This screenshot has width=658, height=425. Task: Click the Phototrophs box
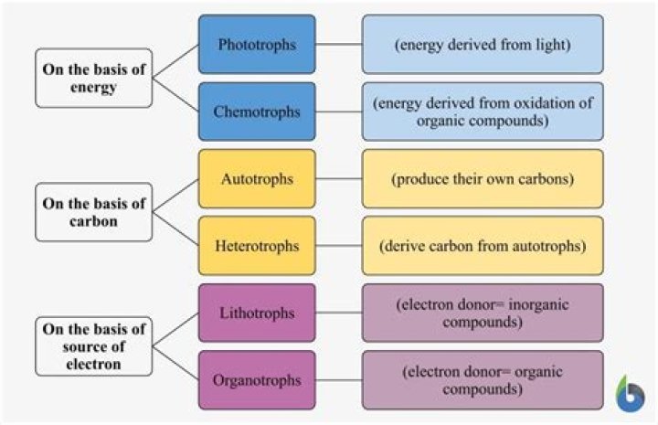click(257, 44)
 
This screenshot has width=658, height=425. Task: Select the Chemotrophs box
click(257, 112)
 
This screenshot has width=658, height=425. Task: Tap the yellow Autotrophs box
click(257, 178)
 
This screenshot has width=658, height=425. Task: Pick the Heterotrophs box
click(257, 246)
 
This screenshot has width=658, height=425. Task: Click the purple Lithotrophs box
click(257, 313)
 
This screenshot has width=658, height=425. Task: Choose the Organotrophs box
click(257, 379)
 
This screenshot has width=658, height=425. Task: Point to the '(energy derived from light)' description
click(483, 44)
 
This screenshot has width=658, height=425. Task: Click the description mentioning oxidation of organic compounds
click(483, 112)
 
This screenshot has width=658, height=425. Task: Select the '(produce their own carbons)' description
click(483, 178)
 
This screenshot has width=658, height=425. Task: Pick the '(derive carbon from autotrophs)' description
click(483, 246)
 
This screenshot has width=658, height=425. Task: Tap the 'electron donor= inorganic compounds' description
click(483, 313)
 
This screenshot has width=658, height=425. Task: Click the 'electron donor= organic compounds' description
click(483, 379)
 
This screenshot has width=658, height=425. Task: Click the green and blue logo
click(630, 393)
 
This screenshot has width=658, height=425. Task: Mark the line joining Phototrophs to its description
click(338, 44)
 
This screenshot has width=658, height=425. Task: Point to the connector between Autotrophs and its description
click(338, 179)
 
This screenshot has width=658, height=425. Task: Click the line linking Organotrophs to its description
click(338, 380)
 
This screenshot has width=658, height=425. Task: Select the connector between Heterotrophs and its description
click(338, 246)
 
